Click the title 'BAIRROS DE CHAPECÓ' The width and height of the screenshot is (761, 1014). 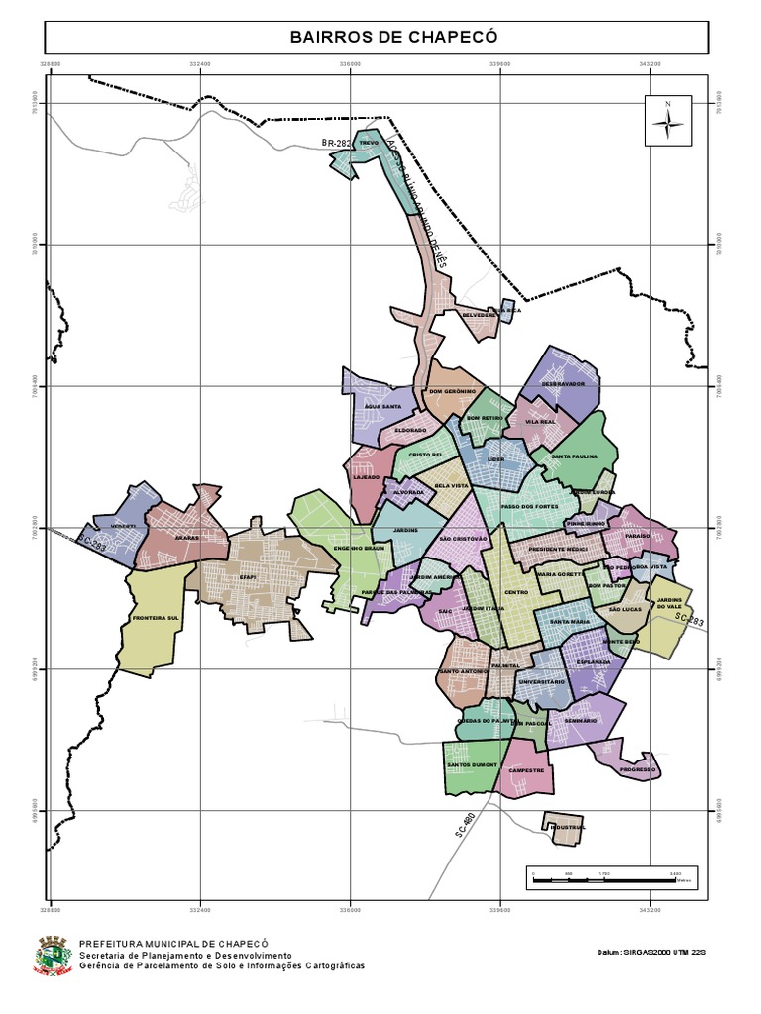pyautogui.click(x=378, y=38)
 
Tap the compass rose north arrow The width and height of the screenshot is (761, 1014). pyautogui.click(x=668, y=122)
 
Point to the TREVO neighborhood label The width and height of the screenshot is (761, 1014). pyautogui.click(x=369, y=143)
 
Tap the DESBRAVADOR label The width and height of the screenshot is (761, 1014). pyautogui.click(x=563, y=383)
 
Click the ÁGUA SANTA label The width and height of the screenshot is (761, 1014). pyautogui.click(x=382, y=407)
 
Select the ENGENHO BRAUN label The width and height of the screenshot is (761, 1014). pyautogui.click(x=358, y=548)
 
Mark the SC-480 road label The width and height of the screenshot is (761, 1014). pyautogui.click(x=466, y=825)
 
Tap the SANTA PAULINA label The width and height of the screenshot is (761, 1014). pyautogui.click(x=574, y=456)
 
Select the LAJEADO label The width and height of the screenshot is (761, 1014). pyautogui.click(x=366, y=477)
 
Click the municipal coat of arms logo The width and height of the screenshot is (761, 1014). pyautogui.click(x=54, y=956)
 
